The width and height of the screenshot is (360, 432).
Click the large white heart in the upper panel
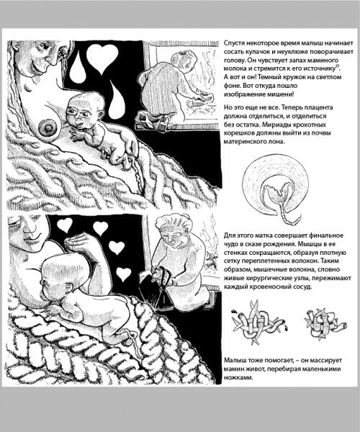click(102, 58)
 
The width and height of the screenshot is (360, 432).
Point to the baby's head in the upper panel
click(85, 109)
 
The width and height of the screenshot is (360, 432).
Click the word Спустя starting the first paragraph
click(234, 43)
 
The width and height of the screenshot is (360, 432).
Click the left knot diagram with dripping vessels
click(258, 323)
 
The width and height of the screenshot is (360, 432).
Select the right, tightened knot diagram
click(325, 323)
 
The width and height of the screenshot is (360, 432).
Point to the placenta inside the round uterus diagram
click(276, 194)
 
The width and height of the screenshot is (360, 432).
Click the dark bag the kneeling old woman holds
click(158, 287)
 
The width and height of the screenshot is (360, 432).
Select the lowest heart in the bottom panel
click(123, 274)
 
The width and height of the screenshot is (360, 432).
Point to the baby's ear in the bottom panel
click(68, 287)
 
